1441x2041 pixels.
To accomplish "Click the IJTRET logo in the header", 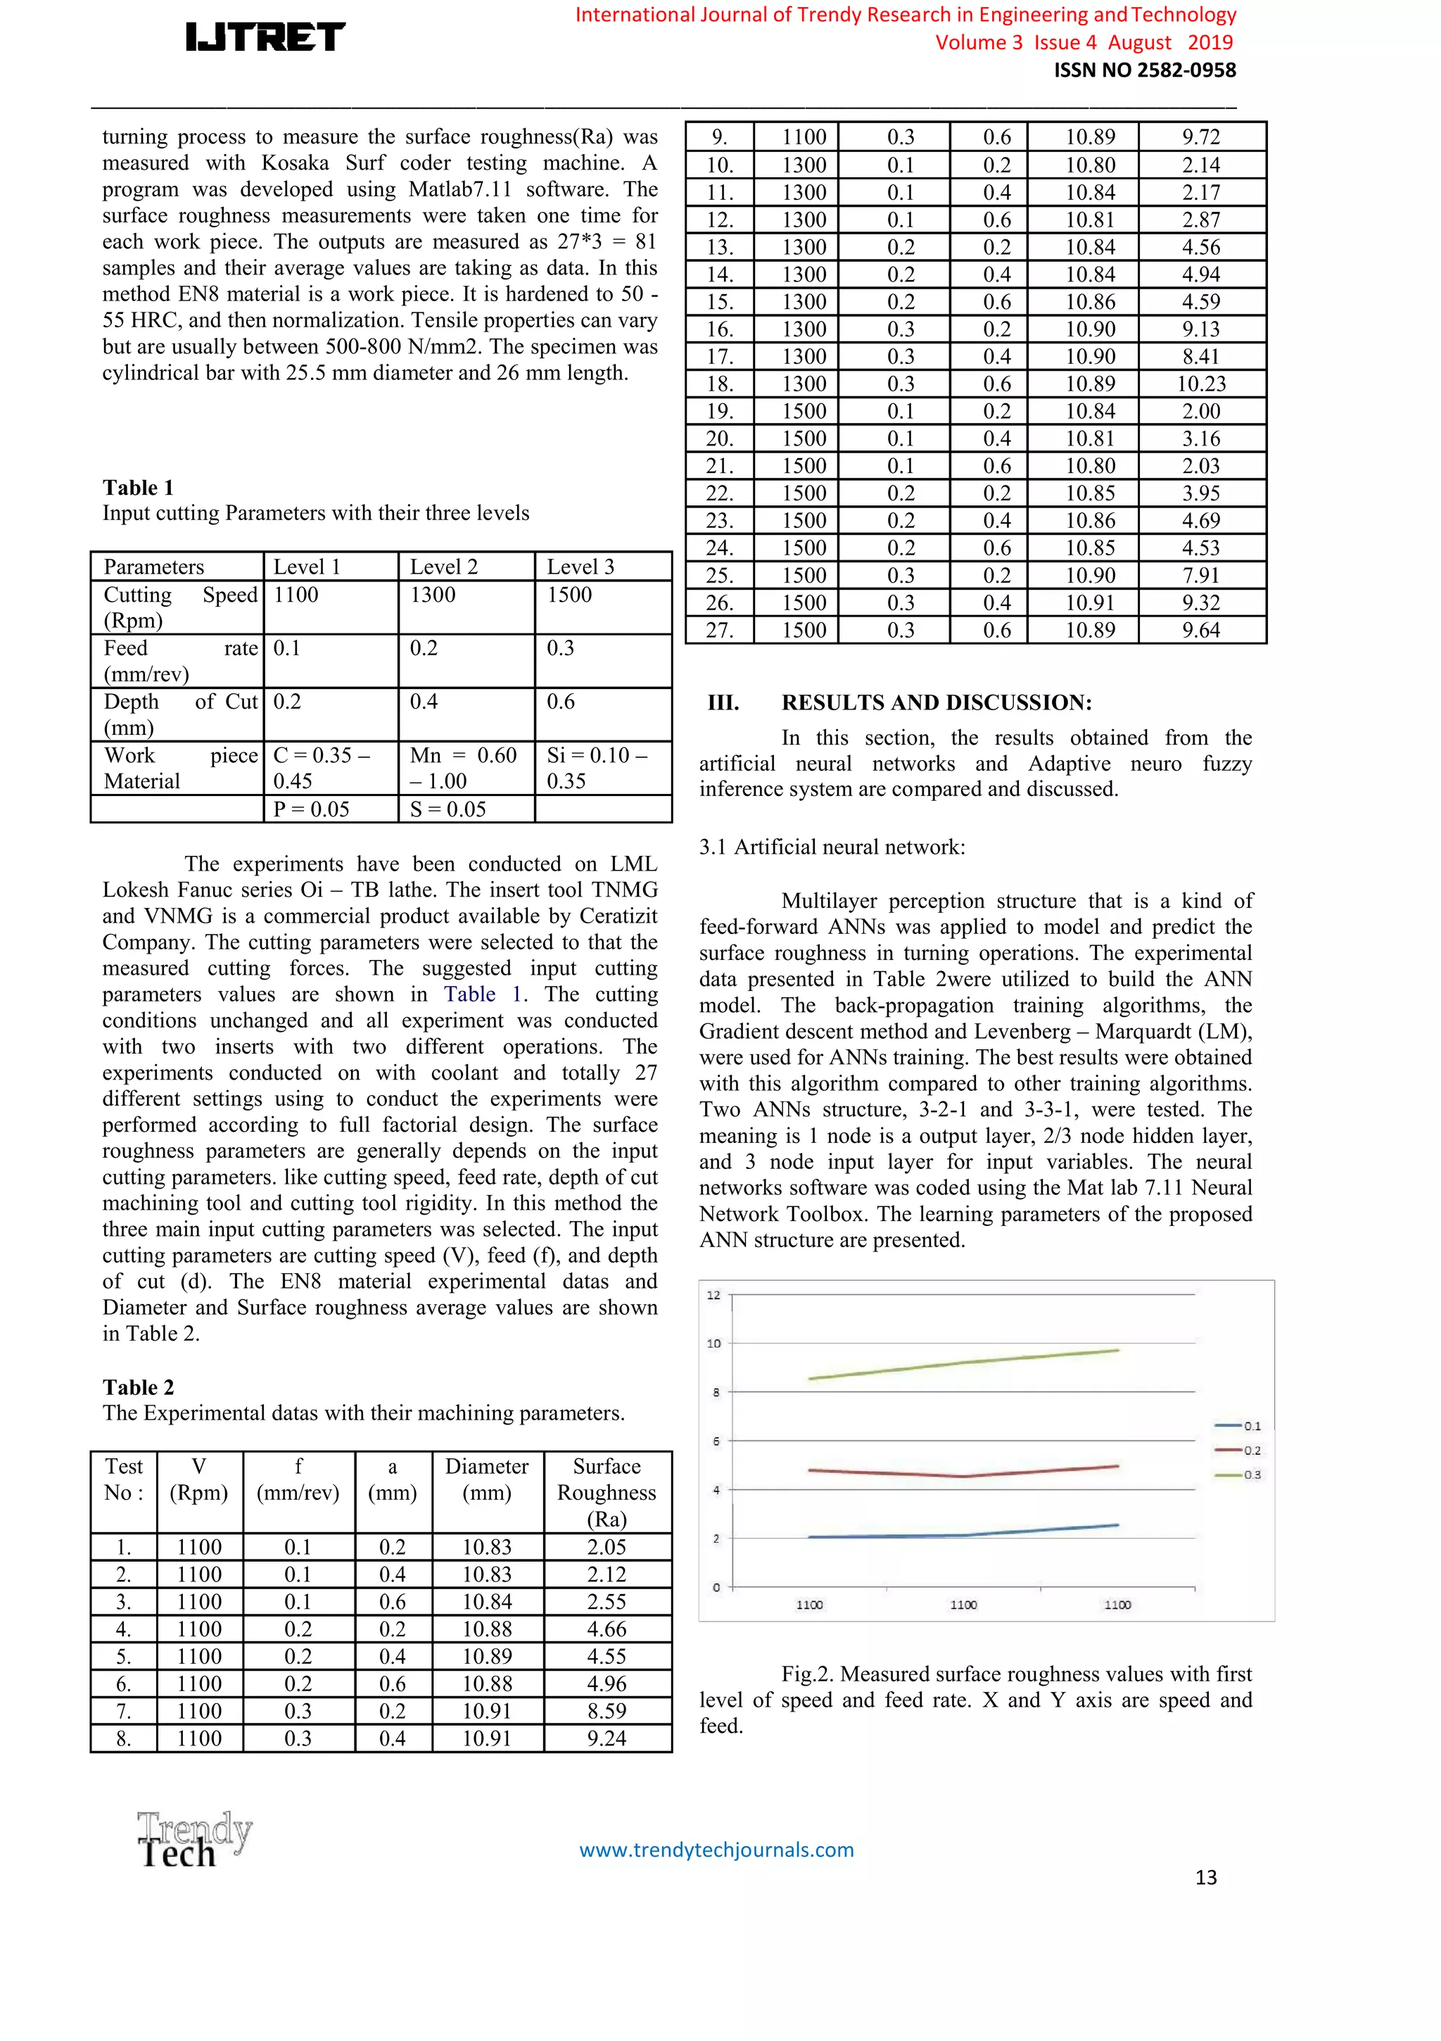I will pos(265,37).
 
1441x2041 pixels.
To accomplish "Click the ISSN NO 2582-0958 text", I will pos(1144,70).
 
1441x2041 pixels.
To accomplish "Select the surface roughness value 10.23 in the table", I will pos(1201,384).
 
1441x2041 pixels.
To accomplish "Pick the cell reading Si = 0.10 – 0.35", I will pos(597,768).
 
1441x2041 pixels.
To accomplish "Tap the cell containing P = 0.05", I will pos(311,809).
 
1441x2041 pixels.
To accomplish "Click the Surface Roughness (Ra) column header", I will pos(607,1493).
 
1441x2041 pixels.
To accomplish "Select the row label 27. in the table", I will pos(719,631).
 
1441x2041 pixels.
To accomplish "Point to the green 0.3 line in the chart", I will pos(965,1363).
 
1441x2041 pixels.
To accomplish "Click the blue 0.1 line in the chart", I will pos(965,1534).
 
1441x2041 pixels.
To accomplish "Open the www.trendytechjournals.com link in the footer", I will pos(716,1850).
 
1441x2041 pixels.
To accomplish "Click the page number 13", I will pos(1205,1876).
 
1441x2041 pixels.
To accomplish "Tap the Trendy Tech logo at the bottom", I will pos(193,1840).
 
